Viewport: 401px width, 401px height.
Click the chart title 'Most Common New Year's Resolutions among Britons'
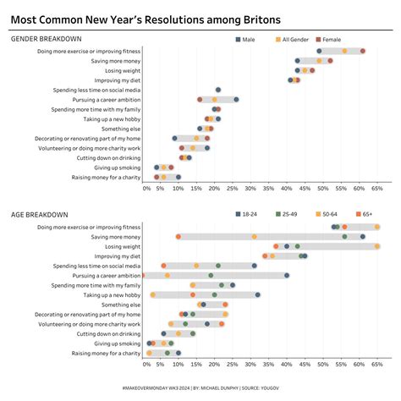(146, 19)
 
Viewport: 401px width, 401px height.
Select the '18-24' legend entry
(248, 215)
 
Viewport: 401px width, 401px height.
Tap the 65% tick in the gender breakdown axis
(376, 189)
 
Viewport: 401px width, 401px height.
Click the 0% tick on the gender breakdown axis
(147, 189)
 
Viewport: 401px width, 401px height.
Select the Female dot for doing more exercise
(363, 51)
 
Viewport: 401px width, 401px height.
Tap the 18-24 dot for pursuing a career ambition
(287, 275)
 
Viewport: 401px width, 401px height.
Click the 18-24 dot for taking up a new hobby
(257, 294)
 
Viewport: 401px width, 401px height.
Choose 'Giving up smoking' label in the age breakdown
(117, 343)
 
